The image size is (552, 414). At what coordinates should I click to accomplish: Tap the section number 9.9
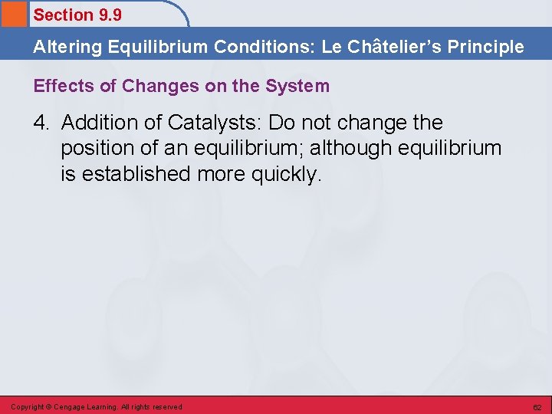[110, 15]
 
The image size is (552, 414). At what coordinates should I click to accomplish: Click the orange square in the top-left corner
[13, 13]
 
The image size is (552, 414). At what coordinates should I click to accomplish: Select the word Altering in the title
[67, 47]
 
